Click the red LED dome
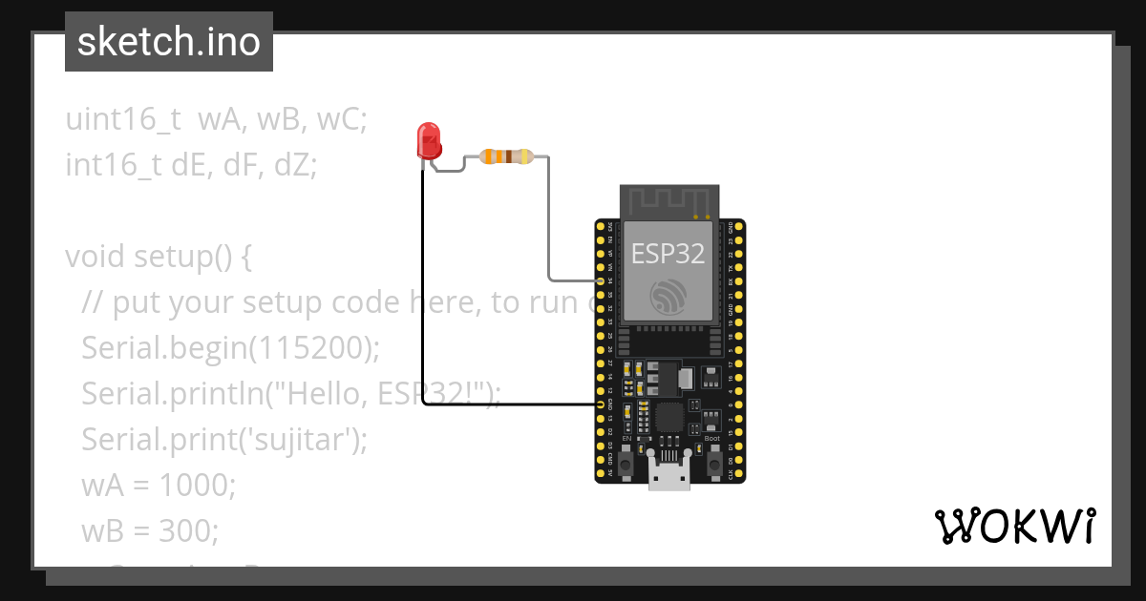pos(429,138)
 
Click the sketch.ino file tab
pos(169,42)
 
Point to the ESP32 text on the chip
pos(668,253)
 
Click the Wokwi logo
pos(1014,527)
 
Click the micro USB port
pos(668,472)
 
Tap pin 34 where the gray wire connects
pos(600,281)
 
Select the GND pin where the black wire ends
pos(600,404)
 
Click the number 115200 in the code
pos(308,348)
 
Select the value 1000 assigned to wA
pos(196,485)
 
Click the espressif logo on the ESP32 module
pos(668,296)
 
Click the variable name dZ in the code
pos(295,165)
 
